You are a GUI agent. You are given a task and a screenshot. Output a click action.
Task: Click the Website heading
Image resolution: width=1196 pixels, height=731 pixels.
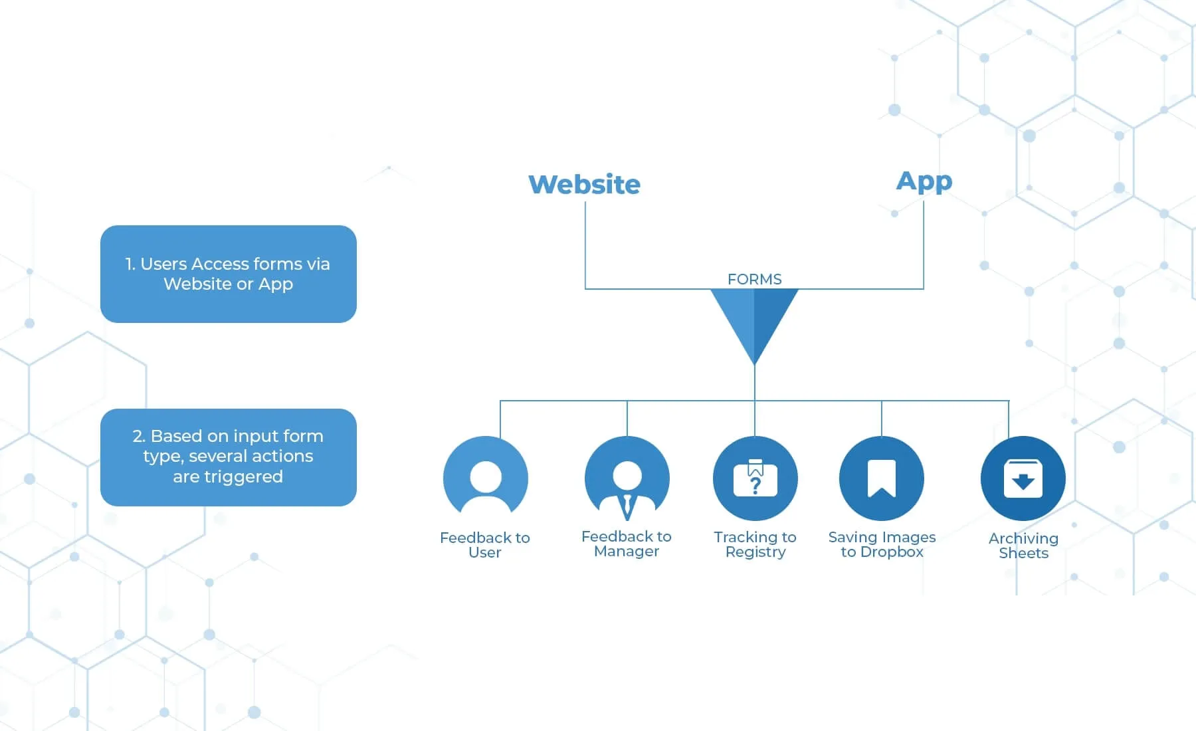(x=584, y=184)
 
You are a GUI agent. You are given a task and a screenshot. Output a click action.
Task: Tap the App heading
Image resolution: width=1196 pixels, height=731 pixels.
(x=924, y=181)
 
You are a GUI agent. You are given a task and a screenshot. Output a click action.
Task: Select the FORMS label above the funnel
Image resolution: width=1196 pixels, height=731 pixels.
(x=754, y=279)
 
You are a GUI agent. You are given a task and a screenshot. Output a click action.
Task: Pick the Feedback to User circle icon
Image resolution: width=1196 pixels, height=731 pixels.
(x=486, y=478)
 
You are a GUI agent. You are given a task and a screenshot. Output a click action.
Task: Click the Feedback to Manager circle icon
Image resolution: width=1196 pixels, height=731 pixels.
(x=627, y=478)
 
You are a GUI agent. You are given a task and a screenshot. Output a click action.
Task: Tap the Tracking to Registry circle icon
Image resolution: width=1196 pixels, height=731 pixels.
(x=755, y=478)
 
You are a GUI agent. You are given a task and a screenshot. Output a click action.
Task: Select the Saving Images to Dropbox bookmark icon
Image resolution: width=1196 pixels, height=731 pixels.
(x=882, y=478)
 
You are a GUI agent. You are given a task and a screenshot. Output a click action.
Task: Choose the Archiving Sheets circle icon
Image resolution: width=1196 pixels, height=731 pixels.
(x=1023, y=478)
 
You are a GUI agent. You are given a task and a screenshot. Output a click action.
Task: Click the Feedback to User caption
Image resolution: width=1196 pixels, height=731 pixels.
(x=485, y=545)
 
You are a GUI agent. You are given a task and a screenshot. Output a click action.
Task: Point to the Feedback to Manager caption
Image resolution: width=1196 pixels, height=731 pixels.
(x=627, y=544)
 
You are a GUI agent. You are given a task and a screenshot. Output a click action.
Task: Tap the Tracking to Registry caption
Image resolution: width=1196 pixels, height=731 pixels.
(x=755, y=544)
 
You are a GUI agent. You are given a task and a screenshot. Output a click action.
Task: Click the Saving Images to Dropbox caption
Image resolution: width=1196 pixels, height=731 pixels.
(x=882, y=544)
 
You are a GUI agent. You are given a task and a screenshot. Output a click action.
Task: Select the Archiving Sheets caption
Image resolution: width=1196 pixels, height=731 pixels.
(x=1023, y=546)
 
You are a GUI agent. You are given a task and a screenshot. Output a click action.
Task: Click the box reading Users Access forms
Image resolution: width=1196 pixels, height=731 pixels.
(x=228, y=274)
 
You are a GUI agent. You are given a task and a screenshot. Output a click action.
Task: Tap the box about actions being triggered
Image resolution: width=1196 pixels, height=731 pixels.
(x=228, y=457)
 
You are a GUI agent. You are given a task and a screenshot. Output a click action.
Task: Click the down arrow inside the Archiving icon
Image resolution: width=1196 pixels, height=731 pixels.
(x=1023, y=481)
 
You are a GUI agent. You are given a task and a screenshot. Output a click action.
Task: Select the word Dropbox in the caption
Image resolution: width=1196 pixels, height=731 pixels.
(x=892, y=552)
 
